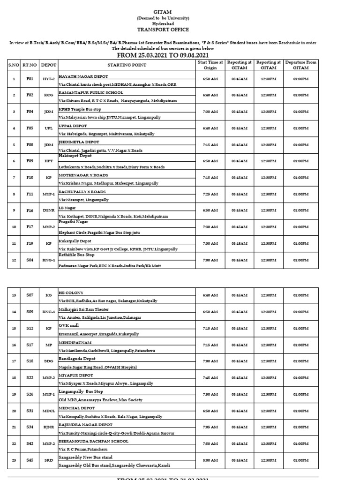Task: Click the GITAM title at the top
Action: click(x=180, y=12)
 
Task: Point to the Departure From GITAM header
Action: click(x=300, y=65)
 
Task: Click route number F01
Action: click(x=30, y=79)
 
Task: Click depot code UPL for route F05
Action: click(x=48, y=128)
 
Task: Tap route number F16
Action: click(x=30, y=210)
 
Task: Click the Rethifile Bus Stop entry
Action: click(x=76, y=255)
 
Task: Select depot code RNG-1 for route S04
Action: click(x=48, y=260)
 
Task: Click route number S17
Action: click(x=30, y=345)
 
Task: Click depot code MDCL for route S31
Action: click(x=48, y=411)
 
